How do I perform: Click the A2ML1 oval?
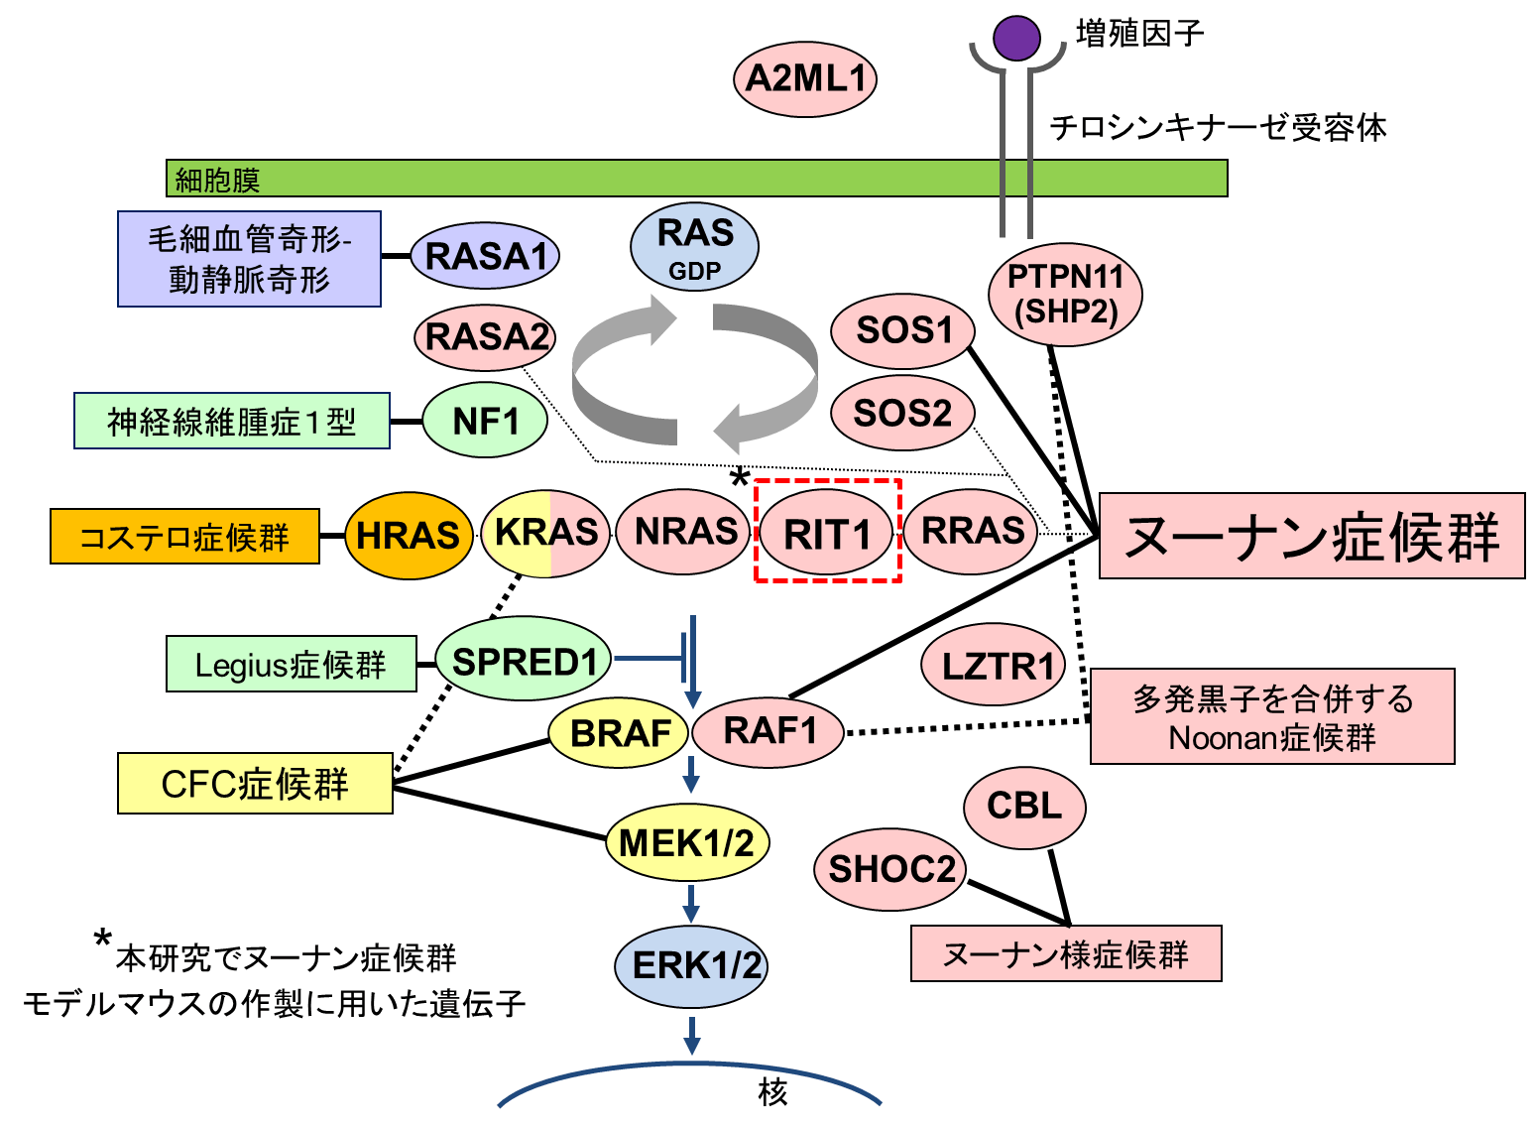[x=805, y=79]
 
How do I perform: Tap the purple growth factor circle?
[x=1016, y=38]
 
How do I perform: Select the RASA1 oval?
[x=485, y=256]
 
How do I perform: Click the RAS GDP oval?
[x=694, y=246]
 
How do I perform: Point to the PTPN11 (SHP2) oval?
[x=1065, y=295]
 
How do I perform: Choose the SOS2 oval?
[x=902, y=413]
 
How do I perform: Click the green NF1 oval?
[x=485, y=420]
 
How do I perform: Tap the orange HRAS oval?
[x=409, y=536]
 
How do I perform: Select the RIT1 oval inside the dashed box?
[x=827, y=533]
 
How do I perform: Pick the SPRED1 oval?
[x=524, y=659]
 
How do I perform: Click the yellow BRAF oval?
[x=619, y=733]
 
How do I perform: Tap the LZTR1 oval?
[x=994, y=665]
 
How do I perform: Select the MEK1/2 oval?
[x=687, y=843]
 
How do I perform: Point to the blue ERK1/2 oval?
[x=691, y=966]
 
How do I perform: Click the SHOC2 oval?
[x=890, y=870]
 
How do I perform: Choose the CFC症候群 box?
[x=255, y=783]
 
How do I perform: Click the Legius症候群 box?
[x=291, y=664]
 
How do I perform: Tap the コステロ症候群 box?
[x=184, y=536]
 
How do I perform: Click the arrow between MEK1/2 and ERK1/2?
[x=691, y=904]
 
